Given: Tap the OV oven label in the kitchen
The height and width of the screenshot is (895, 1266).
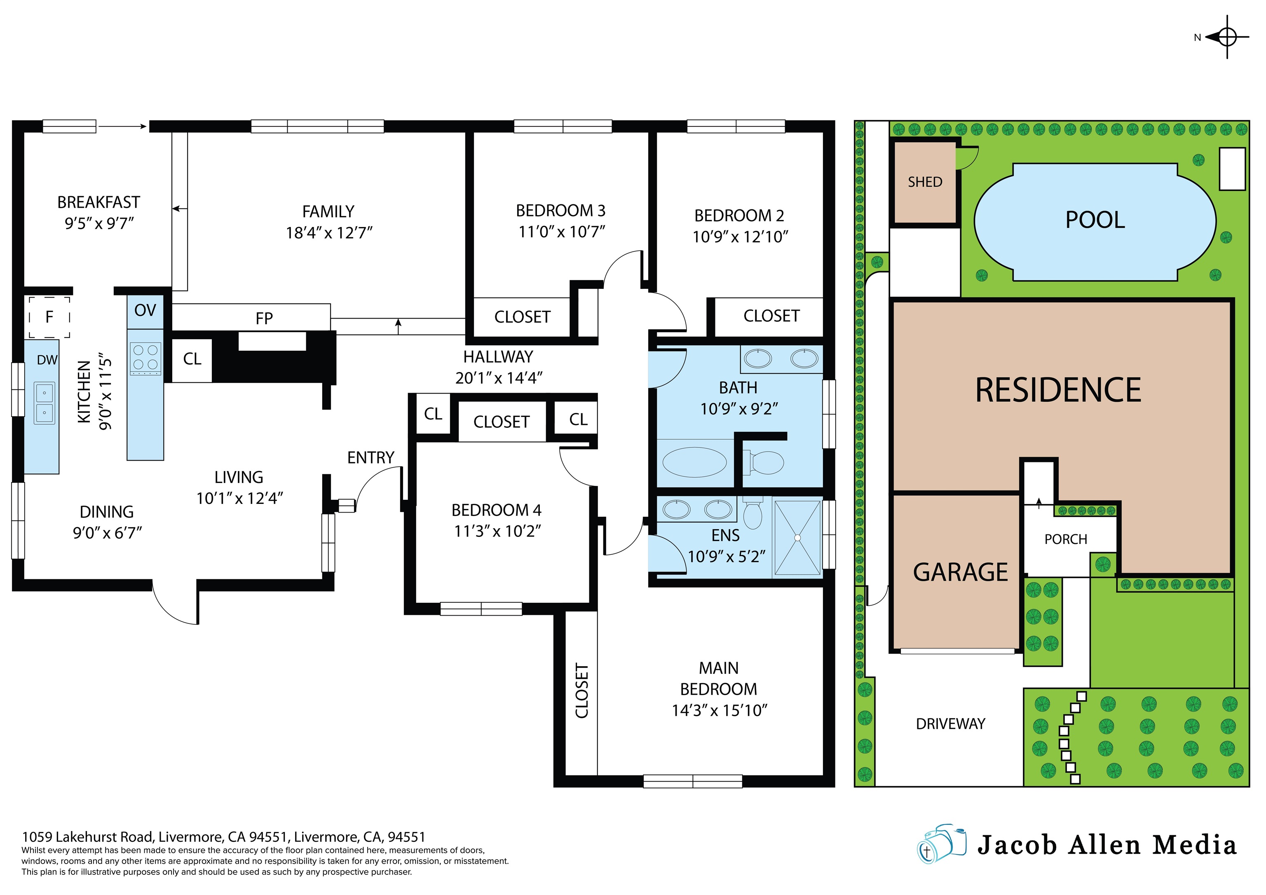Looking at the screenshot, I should tap(145, 310).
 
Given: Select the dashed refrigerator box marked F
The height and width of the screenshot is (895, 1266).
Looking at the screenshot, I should tap(49, 317).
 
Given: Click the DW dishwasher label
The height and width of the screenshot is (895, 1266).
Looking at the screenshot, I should tap(47, 360).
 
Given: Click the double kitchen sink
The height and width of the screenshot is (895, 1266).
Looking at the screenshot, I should tap(45, 403).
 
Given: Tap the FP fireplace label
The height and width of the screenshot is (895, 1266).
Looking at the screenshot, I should tap(264, 318).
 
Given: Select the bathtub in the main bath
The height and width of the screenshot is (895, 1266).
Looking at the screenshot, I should tap(694, 462).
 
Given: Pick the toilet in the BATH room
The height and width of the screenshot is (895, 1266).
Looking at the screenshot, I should tap(765, 462).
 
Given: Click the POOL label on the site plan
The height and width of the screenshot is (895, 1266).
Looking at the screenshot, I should tap(1095, 220).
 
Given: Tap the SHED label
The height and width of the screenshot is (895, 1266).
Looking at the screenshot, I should tap(925, 182).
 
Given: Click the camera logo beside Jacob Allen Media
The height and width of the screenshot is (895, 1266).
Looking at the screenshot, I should tap(941, 844).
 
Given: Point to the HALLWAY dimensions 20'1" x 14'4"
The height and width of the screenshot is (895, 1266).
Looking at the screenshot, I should tap(499, 378).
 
